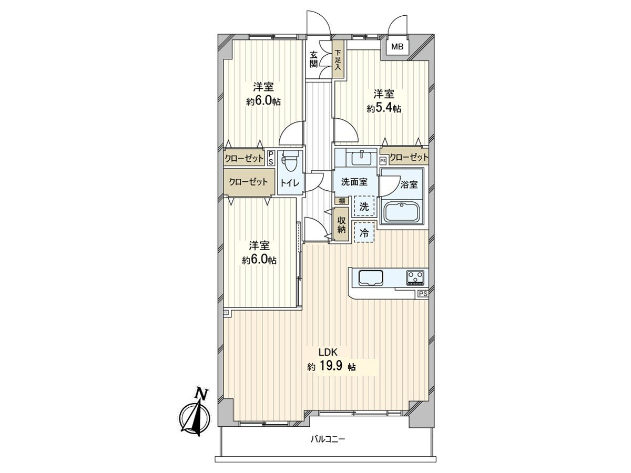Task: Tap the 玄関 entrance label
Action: tap(313, 59)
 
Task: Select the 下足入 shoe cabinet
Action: tap(338, 59)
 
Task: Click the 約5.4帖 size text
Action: tap(383, 108)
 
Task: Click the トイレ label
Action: tap(290, 183)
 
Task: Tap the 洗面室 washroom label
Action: tap(354, 182)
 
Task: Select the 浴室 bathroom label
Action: tap(409, 184)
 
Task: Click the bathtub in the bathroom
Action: tap(402, 212)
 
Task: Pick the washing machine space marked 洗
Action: tap(364, 206)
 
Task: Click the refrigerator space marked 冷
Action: tap(364, 232)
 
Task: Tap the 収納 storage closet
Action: tap(341, 224)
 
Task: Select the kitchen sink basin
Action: tap(371, 277)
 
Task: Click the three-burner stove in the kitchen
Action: tap(415, 277)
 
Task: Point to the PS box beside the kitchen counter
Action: tap(423, 294)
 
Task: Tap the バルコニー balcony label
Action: tap(328, 447)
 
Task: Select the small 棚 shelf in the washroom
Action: tap(341, 201)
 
